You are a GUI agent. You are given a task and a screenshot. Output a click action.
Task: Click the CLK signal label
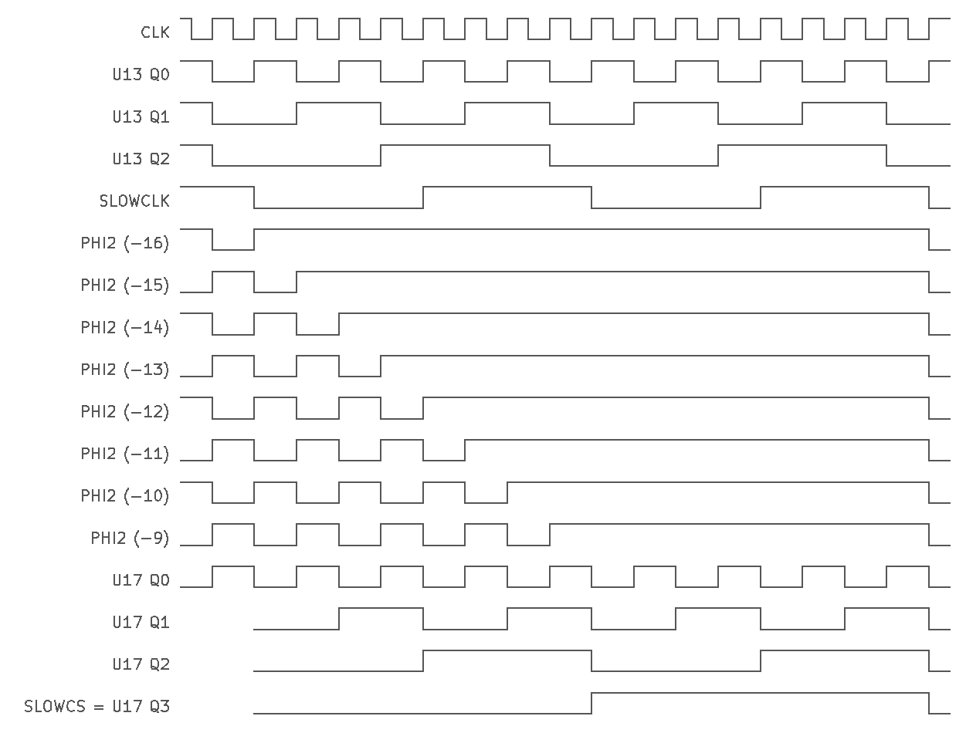click(155, 32)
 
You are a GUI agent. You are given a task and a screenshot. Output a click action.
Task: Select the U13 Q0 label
click(141, 74)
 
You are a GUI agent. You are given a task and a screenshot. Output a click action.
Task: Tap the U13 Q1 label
click(141, 117)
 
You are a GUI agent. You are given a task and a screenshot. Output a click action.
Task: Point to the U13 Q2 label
click(141, 159)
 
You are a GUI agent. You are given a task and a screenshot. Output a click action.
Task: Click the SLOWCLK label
click(134, 201)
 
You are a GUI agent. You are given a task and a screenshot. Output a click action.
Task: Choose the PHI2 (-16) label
click(124, 243)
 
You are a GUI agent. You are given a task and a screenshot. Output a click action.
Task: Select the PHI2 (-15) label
click(124, 285)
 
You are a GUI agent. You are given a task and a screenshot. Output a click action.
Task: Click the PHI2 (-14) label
click(124, 328)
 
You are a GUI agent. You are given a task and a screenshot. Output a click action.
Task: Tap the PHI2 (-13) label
click(124, 370)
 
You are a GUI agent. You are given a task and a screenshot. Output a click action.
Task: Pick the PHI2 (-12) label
click(124, 411)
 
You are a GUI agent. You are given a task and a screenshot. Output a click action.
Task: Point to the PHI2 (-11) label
click(124, 454)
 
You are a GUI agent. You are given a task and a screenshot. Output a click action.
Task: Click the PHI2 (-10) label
click(124, 495)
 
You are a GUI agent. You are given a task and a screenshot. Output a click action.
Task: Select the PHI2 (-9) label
click(130, 538)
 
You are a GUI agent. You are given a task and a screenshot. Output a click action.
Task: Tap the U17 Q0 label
click(141, 580)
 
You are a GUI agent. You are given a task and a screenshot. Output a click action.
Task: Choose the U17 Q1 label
click(141, 622)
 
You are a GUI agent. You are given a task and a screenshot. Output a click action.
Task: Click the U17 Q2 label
click(141, 664)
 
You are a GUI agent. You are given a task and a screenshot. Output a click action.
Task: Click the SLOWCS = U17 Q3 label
click(97, 706)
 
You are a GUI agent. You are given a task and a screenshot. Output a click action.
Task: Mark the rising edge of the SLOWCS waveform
click(591, 703)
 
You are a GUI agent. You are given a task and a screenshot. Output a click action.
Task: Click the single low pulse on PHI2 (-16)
click(233, 250)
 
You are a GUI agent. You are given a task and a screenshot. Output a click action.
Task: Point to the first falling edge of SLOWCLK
click(254, 198)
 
